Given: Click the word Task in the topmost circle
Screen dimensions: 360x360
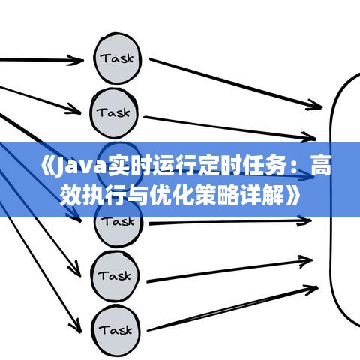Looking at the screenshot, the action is pos(117,58).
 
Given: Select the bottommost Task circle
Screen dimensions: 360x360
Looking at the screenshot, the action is pos(115,330).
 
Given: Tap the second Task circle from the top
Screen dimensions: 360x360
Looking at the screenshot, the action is pos(114,113).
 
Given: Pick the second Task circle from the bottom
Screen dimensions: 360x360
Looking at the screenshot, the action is pos(115,276).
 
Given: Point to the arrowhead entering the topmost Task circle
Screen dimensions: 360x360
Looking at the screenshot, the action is pos(76,60).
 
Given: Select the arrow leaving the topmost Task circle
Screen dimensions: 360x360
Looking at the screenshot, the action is pos(235,84).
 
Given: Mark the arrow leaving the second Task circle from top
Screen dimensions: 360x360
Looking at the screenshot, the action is pos(229,127).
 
